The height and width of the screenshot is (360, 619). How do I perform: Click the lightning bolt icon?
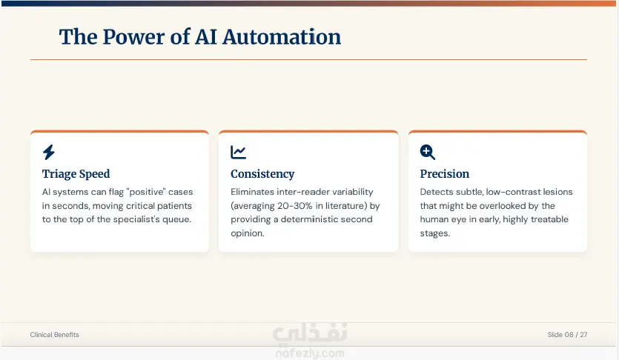point(49,152)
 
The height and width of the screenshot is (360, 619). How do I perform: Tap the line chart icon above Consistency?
point(238,152)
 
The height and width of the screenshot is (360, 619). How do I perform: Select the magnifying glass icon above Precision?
point(428,152)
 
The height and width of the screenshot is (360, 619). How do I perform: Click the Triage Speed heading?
point(76,174)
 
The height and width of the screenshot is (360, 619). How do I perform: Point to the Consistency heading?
point(262,174)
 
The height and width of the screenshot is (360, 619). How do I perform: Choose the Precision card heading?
point(445,174)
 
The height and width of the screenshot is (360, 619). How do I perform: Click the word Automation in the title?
point(282,37)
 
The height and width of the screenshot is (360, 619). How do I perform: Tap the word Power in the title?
point(134,37)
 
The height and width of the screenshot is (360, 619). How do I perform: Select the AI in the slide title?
point(206,37)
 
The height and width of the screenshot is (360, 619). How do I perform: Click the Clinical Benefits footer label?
point(54,335)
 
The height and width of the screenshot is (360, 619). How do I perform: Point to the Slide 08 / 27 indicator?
point(567,335)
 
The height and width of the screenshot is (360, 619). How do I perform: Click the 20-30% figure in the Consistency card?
point(294,206)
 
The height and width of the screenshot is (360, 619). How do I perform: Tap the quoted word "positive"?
point(146,192)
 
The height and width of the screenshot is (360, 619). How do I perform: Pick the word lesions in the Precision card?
point(557,192)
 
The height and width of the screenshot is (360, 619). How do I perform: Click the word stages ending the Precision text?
point(434,233)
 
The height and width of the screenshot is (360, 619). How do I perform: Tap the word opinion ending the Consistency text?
point(248,233)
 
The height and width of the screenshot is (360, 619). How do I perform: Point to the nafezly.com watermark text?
point(310,353)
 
